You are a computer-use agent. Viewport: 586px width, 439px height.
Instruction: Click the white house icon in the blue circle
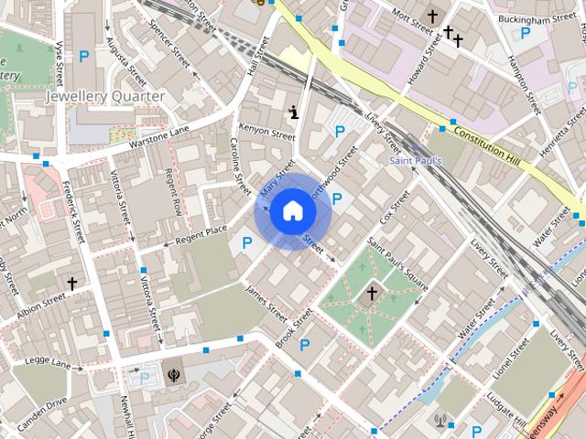292,211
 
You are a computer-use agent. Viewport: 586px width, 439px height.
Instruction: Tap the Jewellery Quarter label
105,96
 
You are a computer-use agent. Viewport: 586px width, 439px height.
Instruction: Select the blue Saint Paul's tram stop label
416,161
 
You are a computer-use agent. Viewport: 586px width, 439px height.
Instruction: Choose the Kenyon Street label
266,131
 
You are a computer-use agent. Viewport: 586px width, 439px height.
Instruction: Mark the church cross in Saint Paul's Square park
372,294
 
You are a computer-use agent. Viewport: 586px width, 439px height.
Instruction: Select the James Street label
266,299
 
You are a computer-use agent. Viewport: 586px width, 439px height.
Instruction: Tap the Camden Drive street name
44,402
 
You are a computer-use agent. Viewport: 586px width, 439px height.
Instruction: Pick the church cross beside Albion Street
71,284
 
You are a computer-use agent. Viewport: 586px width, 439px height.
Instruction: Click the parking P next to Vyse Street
84,57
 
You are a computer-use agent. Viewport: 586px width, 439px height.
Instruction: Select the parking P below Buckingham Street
525,33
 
